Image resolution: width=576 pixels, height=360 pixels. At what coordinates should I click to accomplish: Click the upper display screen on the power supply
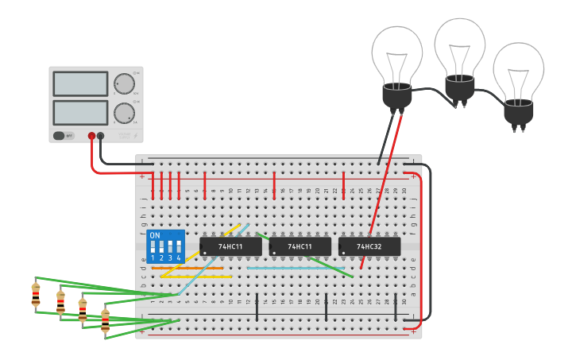coord(80,83)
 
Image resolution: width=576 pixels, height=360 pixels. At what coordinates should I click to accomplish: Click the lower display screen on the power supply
coord(80,112)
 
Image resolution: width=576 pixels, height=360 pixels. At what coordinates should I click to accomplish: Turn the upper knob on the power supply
coord(124,84)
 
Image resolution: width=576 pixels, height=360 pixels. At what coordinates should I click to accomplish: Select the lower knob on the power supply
coord(124,112)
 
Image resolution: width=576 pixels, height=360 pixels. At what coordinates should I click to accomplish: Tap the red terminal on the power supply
coord(91,136)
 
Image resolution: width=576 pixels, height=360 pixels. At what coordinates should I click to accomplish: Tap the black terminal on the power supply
coord(101,136)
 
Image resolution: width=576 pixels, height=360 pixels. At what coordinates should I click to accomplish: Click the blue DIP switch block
coord(165,247)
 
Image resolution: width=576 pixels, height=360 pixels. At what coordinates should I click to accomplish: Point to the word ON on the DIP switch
coord(155,236)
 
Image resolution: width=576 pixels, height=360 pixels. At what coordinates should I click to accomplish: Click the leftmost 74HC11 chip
coord(230,247)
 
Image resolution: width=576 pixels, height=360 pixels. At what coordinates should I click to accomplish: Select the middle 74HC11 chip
coord(300,247)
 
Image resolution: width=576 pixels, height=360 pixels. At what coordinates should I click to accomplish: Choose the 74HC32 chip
coord(369,247)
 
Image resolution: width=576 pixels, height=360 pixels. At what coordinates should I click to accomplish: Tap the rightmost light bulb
coord(518,79)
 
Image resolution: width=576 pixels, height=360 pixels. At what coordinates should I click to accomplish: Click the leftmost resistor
coord(36,294)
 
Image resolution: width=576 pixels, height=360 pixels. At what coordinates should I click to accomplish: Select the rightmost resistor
coord(105,321)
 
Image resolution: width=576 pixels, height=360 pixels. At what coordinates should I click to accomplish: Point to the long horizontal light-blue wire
coord(294,269)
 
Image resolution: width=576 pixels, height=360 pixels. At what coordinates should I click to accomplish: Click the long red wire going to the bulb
coord(381,191)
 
